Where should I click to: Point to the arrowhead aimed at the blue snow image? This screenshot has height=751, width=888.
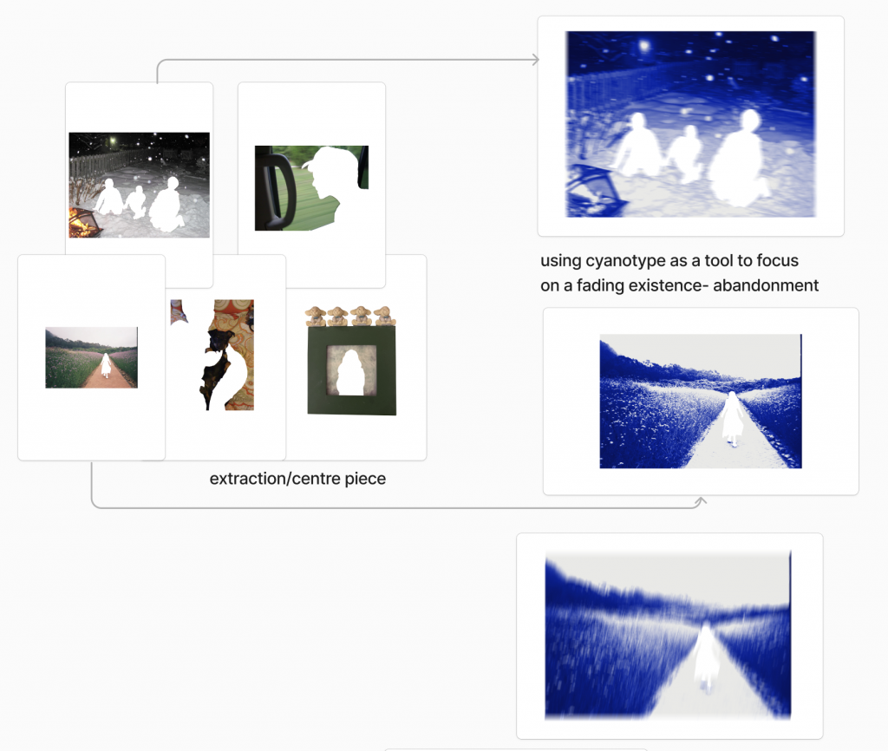click(536, 60)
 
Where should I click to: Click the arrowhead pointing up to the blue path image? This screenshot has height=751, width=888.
click(701, 500)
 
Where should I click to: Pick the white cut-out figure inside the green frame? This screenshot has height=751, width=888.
click(351, 373)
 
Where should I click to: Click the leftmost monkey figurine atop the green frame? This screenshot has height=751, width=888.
click(316, 316)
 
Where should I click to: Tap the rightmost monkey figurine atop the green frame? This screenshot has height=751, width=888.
click(384, 316)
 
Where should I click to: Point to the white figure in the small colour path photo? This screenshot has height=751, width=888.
click(105, 365)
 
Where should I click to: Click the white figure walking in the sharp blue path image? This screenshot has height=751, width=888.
click(732, 418)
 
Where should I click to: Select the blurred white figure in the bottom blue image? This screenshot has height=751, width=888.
click(706, 657)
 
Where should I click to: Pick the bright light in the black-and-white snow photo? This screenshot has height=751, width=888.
click(113, 140)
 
